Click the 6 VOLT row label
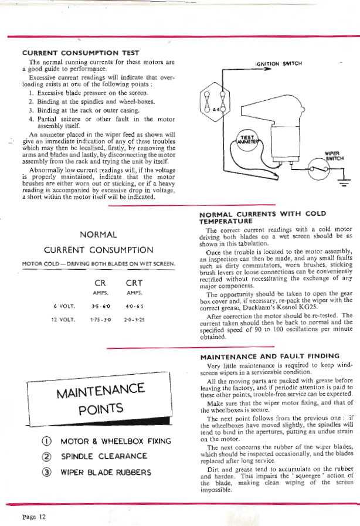tap(63, 305)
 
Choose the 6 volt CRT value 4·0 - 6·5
tap(135, 305)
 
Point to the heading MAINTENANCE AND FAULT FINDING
tap(269, 356)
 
